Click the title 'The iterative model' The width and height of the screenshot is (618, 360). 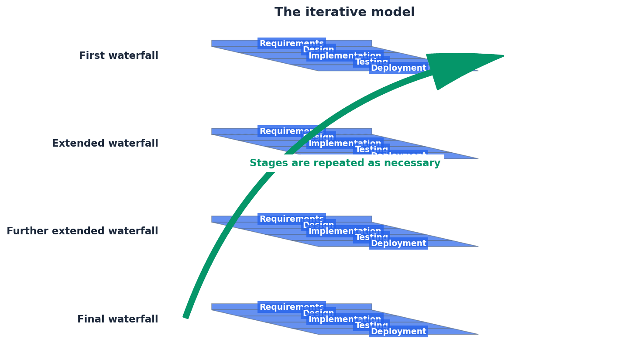click(344, 12)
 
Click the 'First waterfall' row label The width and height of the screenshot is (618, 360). click(118, 56)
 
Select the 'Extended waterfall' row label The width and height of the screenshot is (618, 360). click(105, 144)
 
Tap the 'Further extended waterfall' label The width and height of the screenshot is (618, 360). click(82, 231)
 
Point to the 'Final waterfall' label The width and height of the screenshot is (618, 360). click(117, 319)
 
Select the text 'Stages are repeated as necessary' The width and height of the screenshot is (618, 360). click(345, 163)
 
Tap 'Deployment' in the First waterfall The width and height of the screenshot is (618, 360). click(398, 69)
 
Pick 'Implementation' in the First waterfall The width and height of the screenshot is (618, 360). click(345, 56)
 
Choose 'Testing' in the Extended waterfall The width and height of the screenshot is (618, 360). click(371, 150)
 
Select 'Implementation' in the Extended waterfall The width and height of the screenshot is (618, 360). click(345, 144)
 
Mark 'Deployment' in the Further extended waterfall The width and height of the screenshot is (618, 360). click(398, 243)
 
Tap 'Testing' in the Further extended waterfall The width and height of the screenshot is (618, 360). click(371, 237)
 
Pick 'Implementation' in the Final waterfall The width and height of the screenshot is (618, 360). click(345, 319)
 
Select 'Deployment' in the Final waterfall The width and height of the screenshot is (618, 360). click(398, 332)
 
